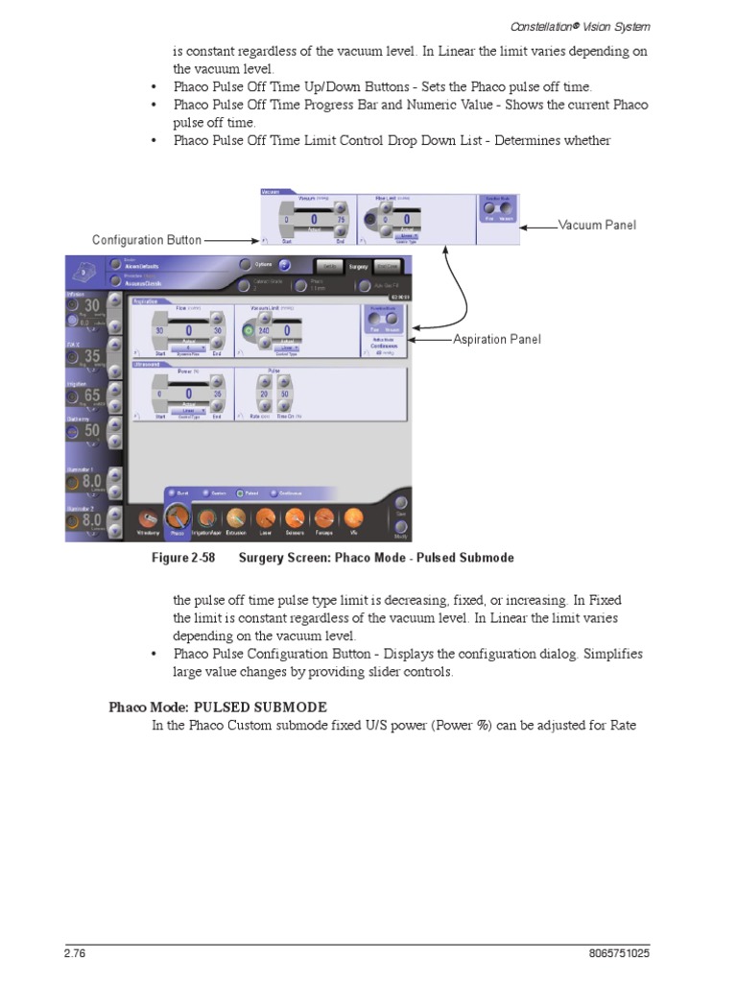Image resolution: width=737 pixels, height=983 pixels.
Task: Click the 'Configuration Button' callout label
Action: click(147, 240)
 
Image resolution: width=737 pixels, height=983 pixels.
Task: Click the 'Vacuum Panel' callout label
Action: click(597, 225)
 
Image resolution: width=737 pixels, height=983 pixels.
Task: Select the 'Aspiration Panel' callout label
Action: click(496, 339)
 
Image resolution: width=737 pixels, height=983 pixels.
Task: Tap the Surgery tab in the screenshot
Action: click(358, 266)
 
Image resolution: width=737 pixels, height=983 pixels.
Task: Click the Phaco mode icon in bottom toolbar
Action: click(178, 519)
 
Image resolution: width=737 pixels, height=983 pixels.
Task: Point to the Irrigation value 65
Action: click(91, 396)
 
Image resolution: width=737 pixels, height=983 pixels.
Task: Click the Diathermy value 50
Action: click(91, 431)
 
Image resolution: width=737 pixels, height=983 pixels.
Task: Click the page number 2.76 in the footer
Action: click(75, 954)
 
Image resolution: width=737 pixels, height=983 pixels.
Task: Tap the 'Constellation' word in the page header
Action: click(539, 26)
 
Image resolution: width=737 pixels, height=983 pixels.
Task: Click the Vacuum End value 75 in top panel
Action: click(341, 221)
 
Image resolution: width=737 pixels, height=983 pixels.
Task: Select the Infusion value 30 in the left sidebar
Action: click(91, 306)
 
